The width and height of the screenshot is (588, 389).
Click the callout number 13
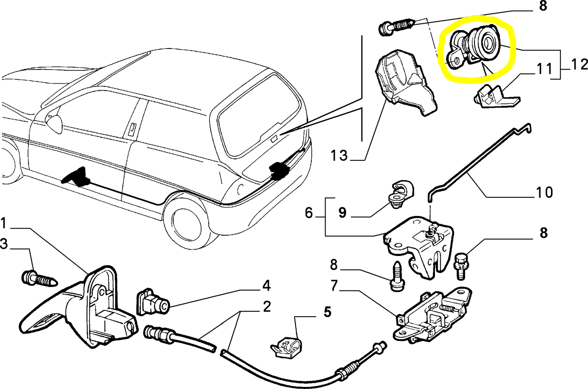pyautogui.click(x=339, y=155)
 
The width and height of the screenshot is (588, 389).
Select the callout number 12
pyautogui.click(x=579, y=65)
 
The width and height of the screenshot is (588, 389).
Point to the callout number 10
pyautogui.click(x=544, y=192)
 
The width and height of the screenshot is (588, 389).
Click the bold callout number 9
pyautogui.click(x=342, y=212)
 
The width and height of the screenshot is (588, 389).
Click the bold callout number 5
pyautogui.click(x=327, y=312)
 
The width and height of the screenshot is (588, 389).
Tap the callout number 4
pyautogui.click(x=266, y=286)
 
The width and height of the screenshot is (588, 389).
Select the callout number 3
pyautogui.click(x=4, y=244)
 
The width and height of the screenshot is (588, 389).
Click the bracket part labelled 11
pyautogui.click(x=493, y=97)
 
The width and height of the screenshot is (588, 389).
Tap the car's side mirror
pyautogui.click(x=54, y=122)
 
